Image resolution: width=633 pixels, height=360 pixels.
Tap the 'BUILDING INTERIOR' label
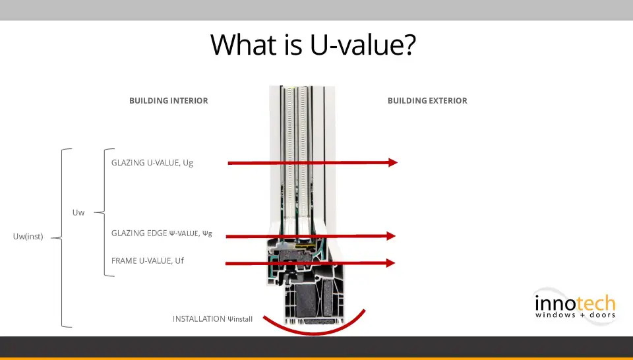[x=169, y=100]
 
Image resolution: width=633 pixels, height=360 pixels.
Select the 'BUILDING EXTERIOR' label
[x=427, y=100]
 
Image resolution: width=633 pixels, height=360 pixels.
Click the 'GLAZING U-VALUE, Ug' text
[x=152, y=163]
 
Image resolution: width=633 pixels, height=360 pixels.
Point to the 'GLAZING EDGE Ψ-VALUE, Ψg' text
[x=162, y=233]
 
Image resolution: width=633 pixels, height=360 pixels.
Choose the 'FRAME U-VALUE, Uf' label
[x=147, y=260]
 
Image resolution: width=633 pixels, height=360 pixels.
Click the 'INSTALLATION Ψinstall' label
[x=212, y=319]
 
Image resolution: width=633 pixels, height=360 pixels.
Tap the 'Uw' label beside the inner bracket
[x=78, y=212]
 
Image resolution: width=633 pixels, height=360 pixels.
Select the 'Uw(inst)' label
[x=28, y=237]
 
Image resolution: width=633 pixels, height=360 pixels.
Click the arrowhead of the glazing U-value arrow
[x=393, y=163]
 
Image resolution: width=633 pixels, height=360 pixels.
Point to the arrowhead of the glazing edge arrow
[x=391, y=236]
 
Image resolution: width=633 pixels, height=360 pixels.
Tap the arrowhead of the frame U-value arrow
[x=390, y=263]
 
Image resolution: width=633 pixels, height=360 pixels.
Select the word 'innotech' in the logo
[x=575, y=303]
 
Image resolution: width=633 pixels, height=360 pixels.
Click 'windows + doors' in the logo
[x=575, y=315]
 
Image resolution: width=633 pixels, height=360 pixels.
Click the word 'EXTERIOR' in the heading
[x=447, y=100]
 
